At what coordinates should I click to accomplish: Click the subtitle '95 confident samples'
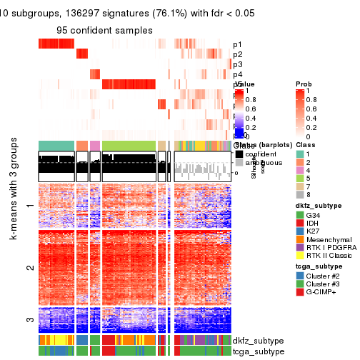coord(104,30)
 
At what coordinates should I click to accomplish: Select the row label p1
coord(237,44)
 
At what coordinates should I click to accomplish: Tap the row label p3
coord(237,64)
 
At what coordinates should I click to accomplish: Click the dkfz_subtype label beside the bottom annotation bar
coord(256,340)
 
